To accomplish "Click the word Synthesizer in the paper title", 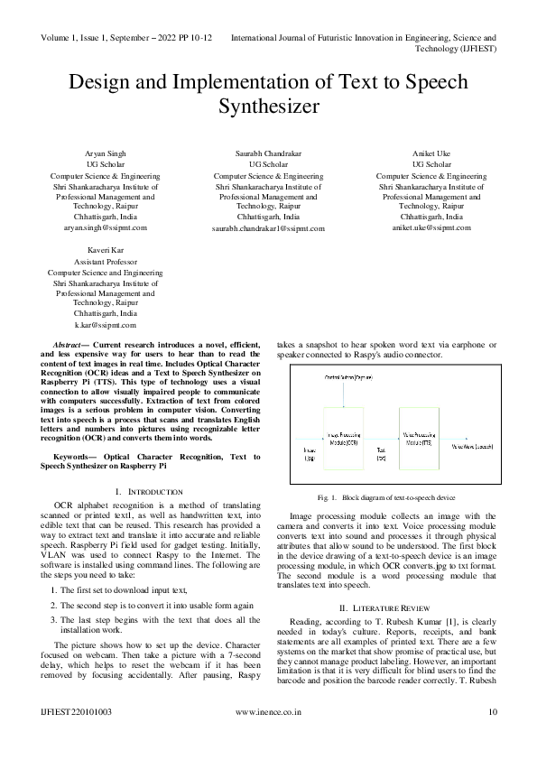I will [268, 107].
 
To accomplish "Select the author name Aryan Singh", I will [105, 153].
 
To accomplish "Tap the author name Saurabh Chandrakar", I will [268, 153].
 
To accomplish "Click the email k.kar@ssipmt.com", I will [105, 324].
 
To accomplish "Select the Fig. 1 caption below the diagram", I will [386, 497].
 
